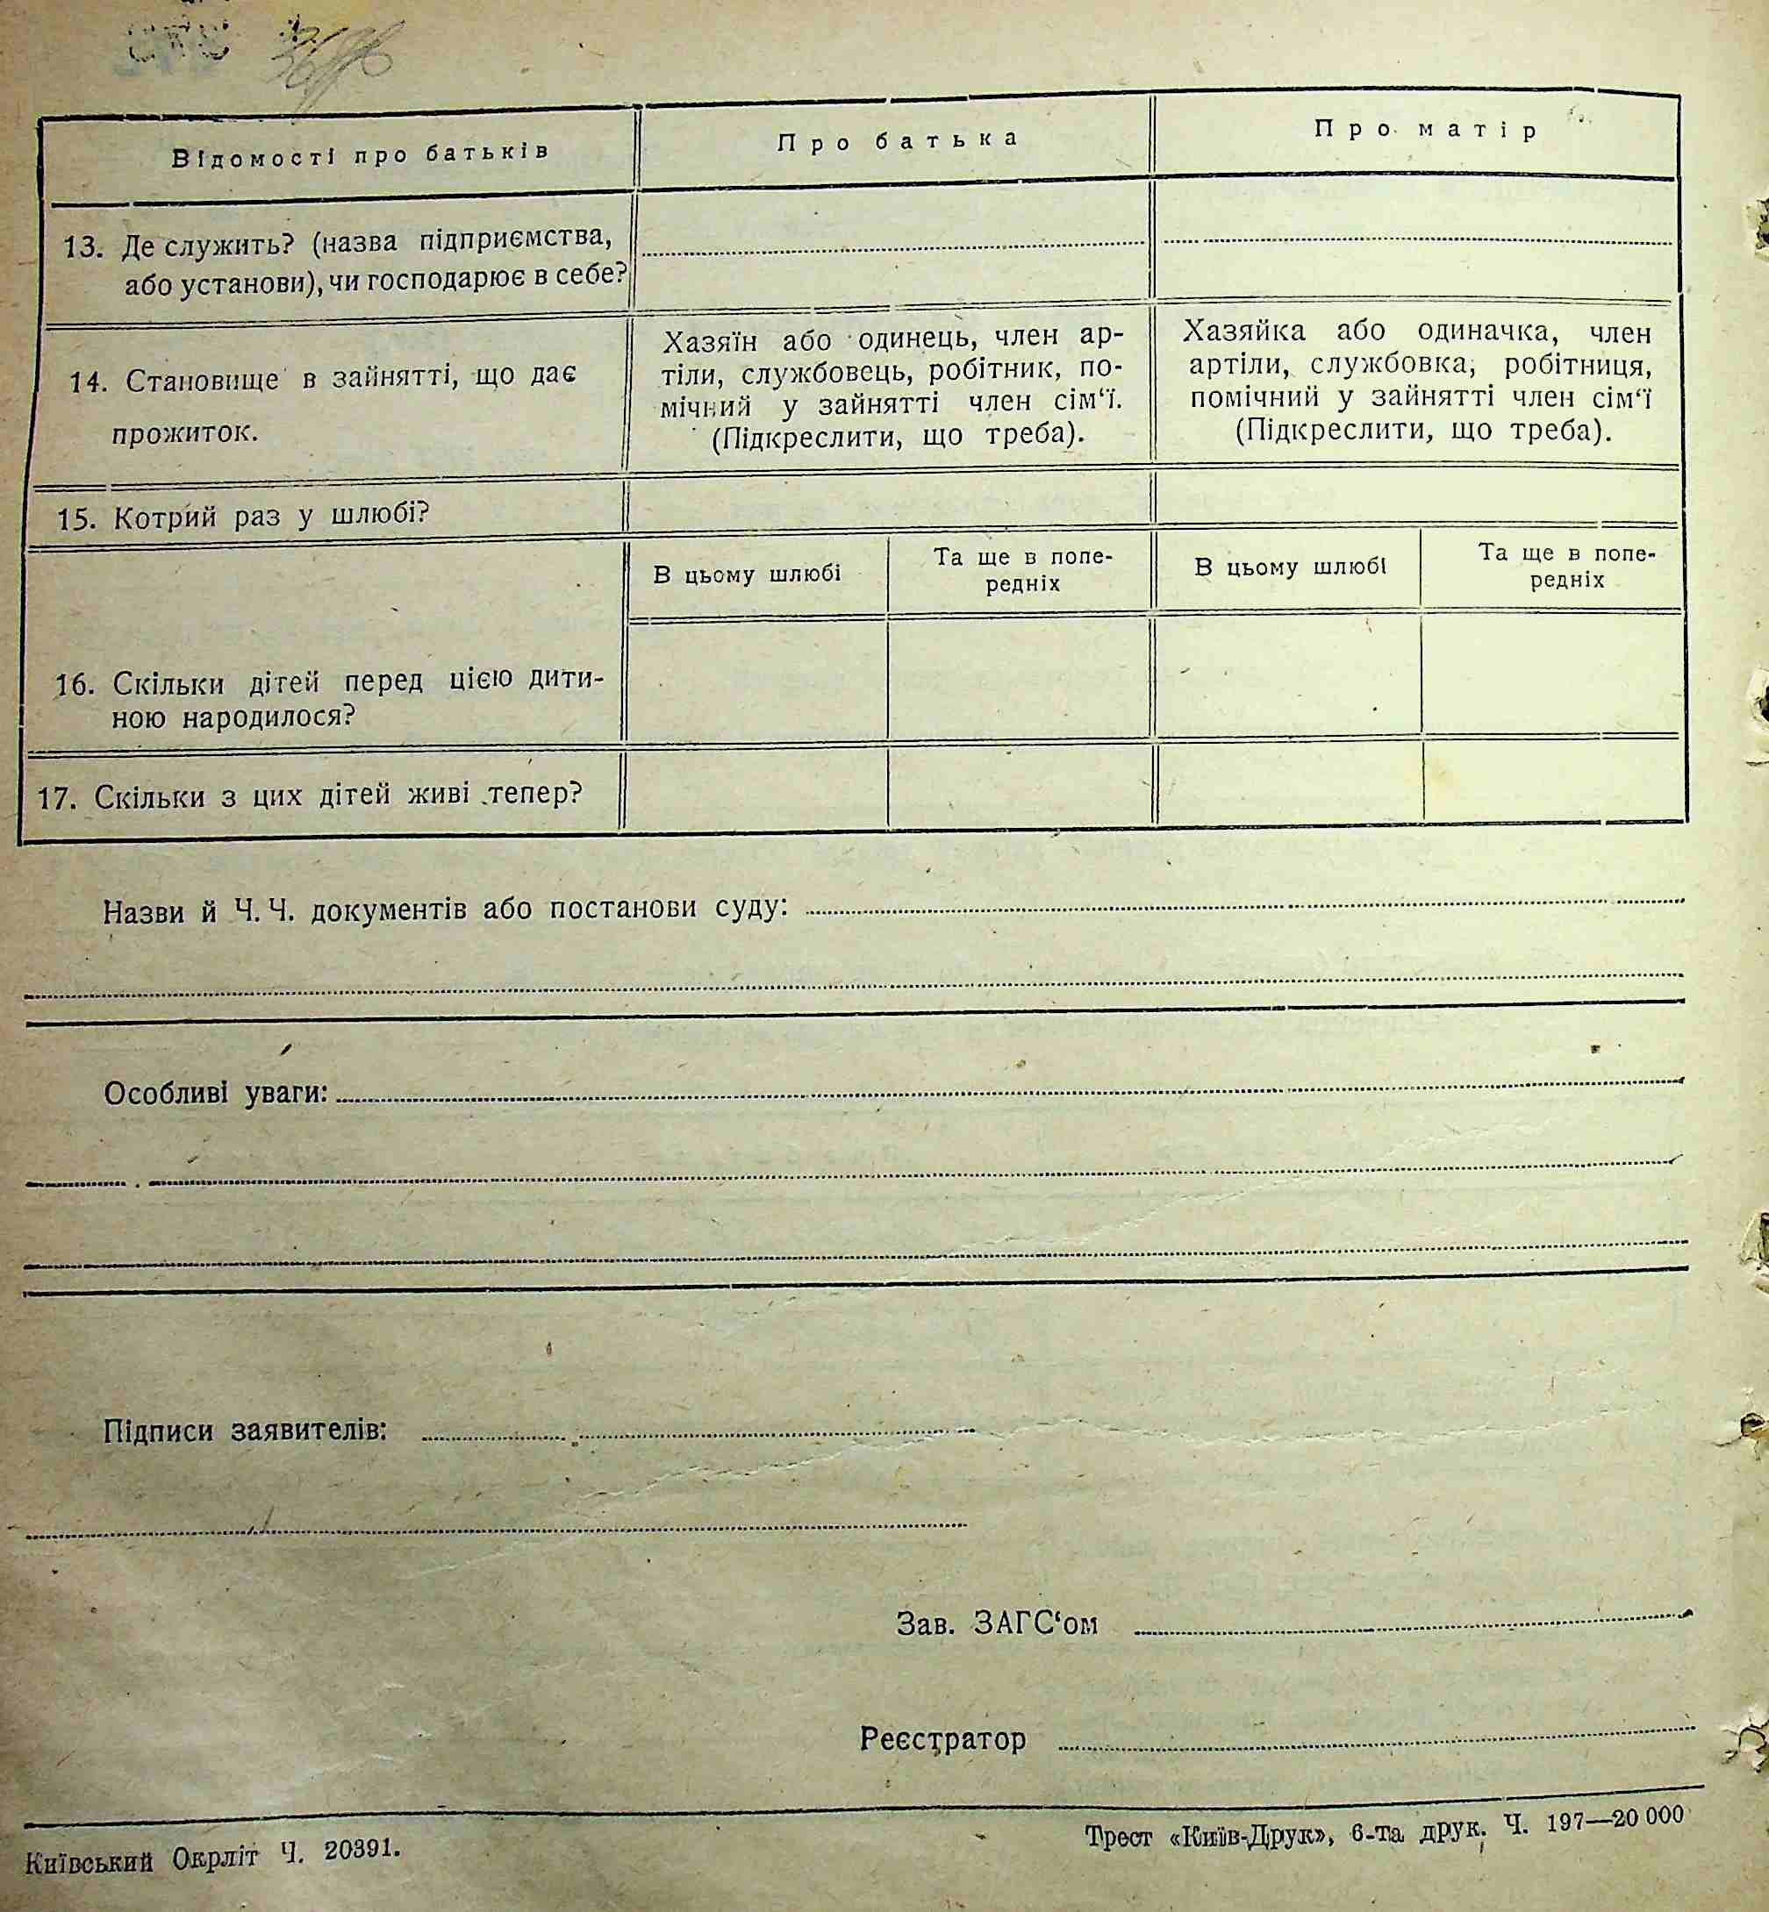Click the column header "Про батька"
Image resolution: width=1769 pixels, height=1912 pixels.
[x=897, y=140]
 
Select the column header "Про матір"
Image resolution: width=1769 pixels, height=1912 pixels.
[x=1425, y=130]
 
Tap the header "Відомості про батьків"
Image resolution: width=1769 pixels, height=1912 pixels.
[x=361, y=154]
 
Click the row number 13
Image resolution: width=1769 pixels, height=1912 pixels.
[x=82, y=248]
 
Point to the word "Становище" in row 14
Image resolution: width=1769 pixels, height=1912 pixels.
[x=201, y=381]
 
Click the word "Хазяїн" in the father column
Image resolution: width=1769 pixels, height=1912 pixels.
[x=709, y=340]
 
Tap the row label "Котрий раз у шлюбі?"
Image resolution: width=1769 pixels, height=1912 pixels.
[x=271, y=517]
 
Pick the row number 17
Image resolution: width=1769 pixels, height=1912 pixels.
[x=56, y=797]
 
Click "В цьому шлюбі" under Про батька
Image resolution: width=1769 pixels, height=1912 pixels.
[x=747, y=574]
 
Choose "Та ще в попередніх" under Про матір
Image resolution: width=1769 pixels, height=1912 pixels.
[x=1567, y=567]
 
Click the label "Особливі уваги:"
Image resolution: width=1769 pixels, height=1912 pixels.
[x=215, y=1093]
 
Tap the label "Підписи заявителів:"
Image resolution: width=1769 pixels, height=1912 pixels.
[x=245, y=1430]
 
